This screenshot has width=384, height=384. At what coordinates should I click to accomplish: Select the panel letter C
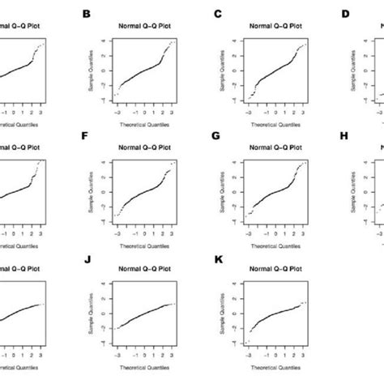coord(216,14)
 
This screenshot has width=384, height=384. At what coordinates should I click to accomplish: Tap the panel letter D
coord(345,14)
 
